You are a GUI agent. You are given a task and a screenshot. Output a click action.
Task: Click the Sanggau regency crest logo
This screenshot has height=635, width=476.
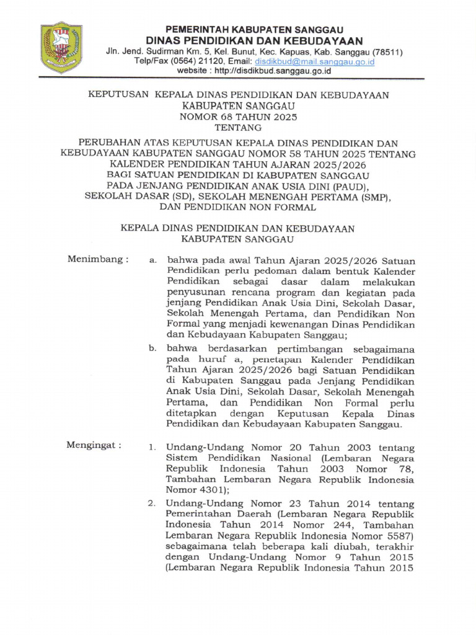pyautogui.click(x=61, y=48)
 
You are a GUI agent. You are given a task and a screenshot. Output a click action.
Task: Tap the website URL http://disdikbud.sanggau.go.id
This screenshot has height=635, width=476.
pyautogui.click(x=281, y=71)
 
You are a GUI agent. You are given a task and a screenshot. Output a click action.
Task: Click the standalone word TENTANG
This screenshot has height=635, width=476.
pyautogui.click(x=238, y=128)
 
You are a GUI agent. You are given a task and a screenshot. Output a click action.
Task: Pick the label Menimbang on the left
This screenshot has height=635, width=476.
pyautogui.click(x=97, y=259)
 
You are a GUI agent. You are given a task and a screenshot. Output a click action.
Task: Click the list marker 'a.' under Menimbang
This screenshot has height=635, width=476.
pyautogui.click(x=152, y=261)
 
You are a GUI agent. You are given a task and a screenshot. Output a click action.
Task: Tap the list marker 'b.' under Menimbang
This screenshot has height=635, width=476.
pyautogui.click(x=152, y=349)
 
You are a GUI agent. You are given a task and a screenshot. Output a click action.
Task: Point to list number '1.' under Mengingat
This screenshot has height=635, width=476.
pyautogui.click(x=152, y=446)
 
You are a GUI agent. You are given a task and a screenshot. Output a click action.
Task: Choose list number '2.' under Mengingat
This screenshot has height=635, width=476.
pyautogui.click(x=152, y=503)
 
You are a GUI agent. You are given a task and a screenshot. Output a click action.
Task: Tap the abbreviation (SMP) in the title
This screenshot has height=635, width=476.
pyautogui.click(x=376, y=197)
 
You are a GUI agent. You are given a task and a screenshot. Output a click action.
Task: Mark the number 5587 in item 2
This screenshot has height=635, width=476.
pyautogui.click(x=396, y=536)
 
